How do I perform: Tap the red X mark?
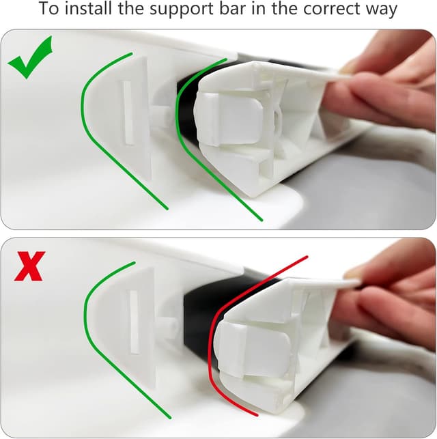pos(29,266)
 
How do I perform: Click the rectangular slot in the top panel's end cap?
pos(126,112)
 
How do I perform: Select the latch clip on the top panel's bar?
pos(229,116)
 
